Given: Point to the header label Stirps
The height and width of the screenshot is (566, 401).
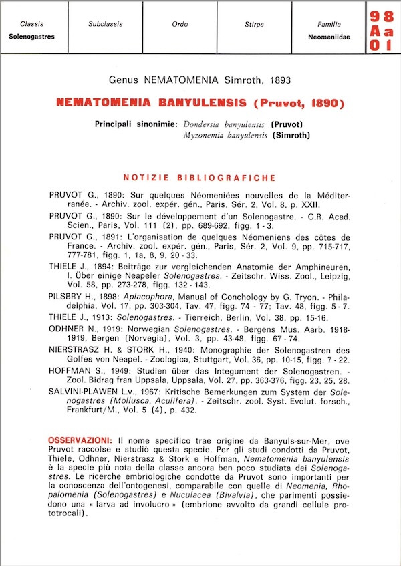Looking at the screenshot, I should pyautogui.click(x=254, y=24).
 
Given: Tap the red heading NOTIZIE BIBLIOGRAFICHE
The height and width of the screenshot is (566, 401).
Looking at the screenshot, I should pyautogui.click(x=200, y=178).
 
